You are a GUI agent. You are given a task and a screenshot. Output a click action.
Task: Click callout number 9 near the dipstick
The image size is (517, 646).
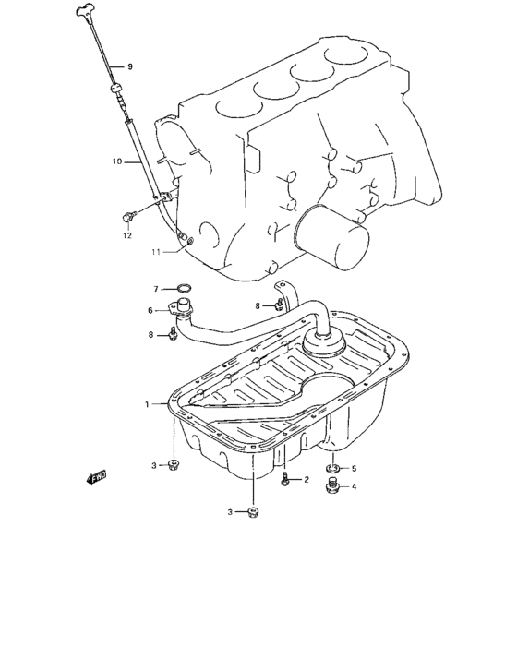pos(130,66)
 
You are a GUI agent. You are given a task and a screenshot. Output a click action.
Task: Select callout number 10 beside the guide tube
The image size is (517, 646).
pos(117,161)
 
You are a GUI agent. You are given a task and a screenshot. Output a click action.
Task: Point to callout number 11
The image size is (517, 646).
pos(157,251)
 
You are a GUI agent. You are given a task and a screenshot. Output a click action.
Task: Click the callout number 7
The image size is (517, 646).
pos(157,288)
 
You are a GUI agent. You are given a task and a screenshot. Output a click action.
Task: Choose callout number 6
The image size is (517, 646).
pos(150,310)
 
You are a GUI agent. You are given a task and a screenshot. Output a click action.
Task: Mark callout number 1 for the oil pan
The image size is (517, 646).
pos(145,404)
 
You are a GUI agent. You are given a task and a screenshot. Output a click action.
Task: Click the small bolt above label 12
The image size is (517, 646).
pos(128,216)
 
